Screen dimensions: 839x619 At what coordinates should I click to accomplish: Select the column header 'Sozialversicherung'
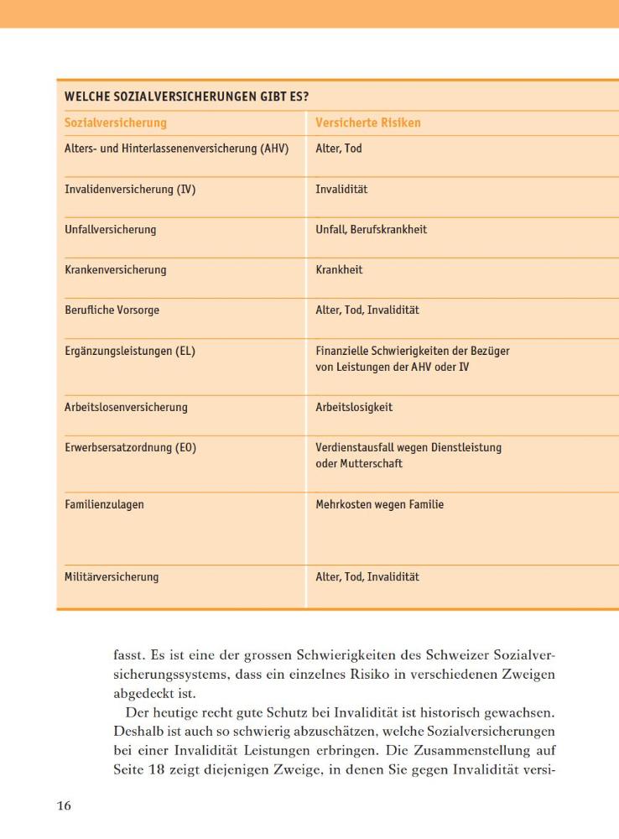116,122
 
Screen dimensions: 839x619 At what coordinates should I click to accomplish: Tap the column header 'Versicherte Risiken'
368,122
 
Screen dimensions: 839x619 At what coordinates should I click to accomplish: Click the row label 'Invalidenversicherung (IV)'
130,190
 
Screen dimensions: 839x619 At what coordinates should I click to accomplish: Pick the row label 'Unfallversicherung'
110,230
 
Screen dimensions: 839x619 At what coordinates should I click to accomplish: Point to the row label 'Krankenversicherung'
116,270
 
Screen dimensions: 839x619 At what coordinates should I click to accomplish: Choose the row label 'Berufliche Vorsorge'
112,310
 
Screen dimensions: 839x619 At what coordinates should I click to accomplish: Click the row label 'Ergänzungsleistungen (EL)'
130,352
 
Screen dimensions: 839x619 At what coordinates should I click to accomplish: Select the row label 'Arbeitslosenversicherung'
126,408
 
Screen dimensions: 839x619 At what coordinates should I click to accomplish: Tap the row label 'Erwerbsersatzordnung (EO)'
130,448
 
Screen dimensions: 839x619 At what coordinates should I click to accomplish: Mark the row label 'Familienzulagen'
105,505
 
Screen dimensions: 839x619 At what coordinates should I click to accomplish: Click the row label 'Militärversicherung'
112,577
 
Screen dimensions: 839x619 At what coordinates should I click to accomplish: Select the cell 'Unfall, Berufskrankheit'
371,230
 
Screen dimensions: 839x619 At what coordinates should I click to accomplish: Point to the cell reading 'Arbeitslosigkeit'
354,408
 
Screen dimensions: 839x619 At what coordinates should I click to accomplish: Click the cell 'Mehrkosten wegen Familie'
380,505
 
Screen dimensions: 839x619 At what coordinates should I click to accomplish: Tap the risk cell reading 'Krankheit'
339,270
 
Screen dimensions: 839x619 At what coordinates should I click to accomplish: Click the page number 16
64,806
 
